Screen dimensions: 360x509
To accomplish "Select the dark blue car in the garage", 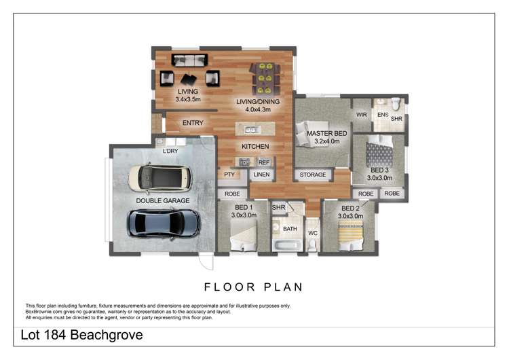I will tap(164, 222).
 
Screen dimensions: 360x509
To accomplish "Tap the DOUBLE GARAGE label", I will tap(162, 201).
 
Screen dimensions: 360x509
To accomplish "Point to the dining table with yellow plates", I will tap(261, 79).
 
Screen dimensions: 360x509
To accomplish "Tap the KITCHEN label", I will tap(255, 146).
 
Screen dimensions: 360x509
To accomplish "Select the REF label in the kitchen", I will tap(263, 162).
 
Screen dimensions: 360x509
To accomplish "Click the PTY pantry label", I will tap(229, 175).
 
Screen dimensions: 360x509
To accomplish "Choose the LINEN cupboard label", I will tap(262, 175).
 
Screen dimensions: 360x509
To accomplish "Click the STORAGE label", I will tap(313, 175).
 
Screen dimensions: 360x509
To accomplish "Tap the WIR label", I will tap(361, 115).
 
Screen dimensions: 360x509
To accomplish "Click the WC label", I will tap(313, 233).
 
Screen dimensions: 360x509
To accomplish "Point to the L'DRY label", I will tap(170, 151).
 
